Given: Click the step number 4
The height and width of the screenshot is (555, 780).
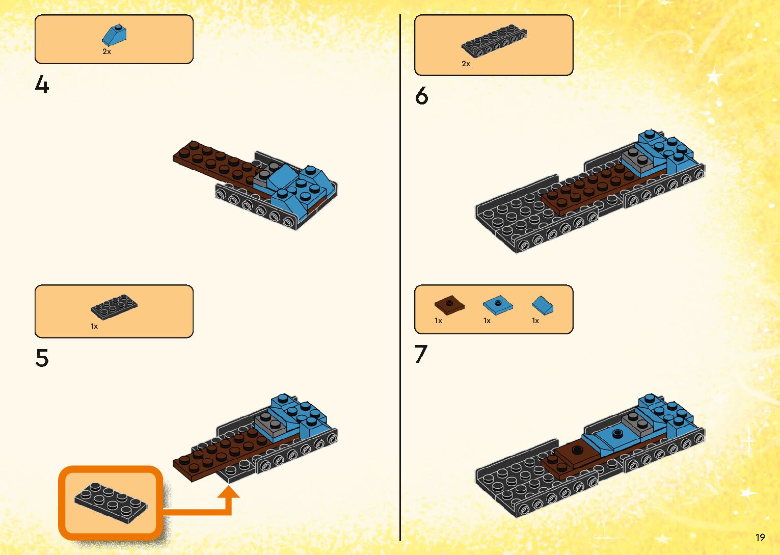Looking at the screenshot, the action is click(42, 84).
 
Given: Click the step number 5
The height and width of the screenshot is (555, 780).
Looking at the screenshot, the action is click(42, 358).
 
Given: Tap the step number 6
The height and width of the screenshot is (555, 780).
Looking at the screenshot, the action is click(421, 95).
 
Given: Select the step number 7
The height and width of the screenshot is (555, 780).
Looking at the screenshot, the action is click(421, 354).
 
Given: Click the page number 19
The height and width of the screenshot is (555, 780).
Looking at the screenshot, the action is click(760, 537).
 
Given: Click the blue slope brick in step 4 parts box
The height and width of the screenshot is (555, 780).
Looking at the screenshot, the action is click(114, 36).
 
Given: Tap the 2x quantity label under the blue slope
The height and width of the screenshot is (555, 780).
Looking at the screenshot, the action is click(106, 51).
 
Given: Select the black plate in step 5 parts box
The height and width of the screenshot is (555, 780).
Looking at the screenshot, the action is click(114, 307).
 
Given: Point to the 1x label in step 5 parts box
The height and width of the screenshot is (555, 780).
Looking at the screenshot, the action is click(94, 326).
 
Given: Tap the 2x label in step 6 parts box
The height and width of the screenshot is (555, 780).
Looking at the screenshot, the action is click(466, 64).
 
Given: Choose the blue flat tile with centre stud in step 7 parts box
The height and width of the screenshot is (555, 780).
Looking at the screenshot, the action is click(498, 305).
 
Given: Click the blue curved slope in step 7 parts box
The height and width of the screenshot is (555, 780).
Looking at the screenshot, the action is click(542, 306).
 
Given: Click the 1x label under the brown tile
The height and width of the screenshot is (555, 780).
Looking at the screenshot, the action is click(438, 321).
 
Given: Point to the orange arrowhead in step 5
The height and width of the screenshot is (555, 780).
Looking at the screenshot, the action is click(228, 492).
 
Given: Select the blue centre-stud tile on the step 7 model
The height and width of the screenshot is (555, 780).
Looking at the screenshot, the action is click(617, 434).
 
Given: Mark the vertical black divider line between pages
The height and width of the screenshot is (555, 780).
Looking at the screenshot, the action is click(400, 277).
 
